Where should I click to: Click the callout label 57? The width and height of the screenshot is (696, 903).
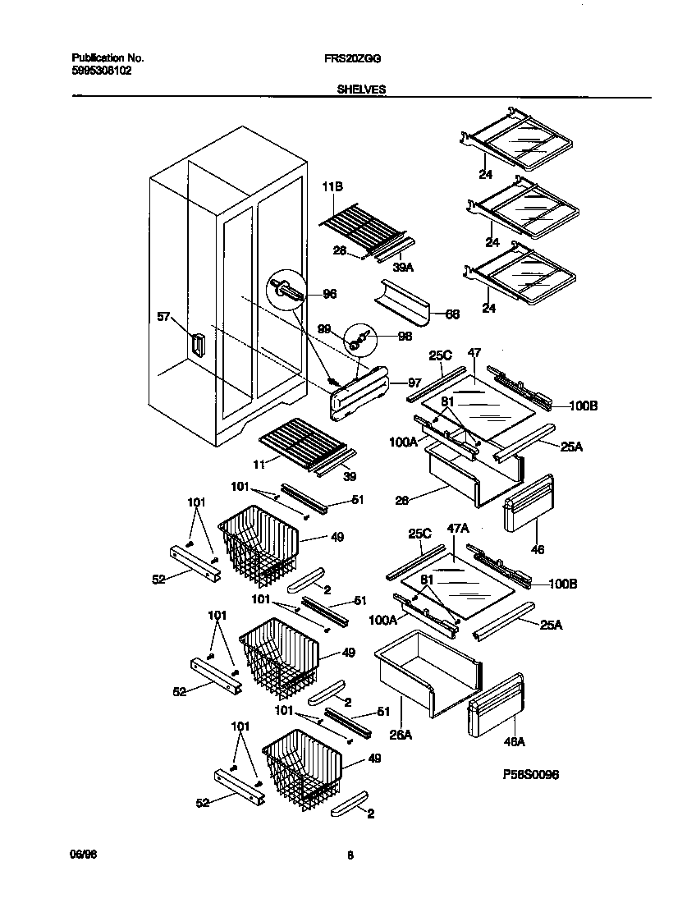point(164,315)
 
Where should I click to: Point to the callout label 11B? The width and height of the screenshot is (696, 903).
point(331,188)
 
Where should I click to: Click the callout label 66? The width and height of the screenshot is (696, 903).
point(452,314)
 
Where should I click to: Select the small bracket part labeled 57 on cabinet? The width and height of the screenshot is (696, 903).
point(197,345)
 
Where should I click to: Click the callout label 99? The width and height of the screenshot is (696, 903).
point(324,328)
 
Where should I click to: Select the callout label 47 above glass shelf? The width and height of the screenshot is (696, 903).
point(474,352)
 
